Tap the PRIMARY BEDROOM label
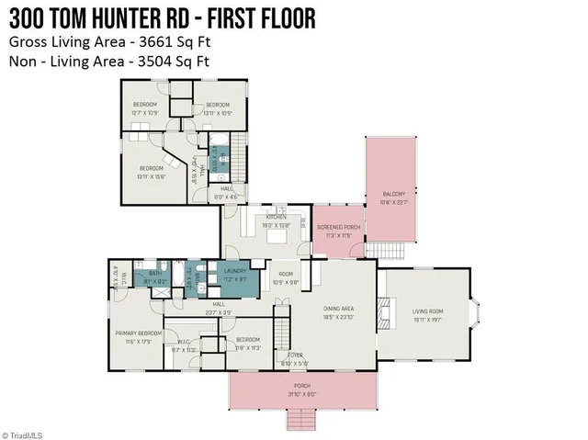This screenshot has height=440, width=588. [139, 333]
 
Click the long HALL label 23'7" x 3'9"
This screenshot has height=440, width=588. [219, 307]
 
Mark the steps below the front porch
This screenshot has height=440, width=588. [302, 420]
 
